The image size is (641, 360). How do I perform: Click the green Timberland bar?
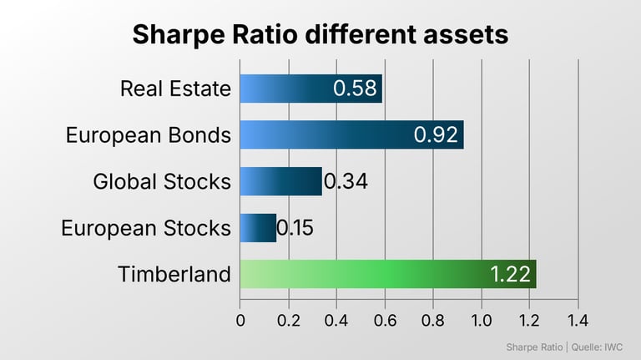tap(388, 274)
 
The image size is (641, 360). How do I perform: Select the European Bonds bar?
tap(352, 134)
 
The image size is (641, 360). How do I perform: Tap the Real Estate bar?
tap(311, 89)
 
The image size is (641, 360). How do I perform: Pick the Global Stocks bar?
tap(280, 181)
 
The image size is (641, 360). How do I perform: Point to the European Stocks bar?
tap(258, 228)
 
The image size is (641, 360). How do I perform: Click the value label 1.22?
tap(510, 274)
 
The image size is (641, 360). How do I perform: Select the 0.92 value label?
tap(436, 135)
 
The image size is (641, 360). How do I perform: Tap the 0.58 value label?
tap(355, 89)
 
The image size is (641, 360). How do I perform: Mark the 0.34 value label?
tap(346, 181)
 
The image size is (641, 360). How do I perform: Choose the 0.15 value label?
tap(295, 228)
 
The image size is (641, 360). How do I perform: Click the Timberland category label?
tap(174, 274)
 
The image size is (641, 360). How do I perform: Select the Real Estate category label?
tap(176, 89)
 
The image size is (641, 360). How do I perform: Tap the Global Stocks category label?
tap(162, 181)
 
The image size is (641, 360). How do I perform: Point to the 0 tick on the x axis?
tap(240, 320)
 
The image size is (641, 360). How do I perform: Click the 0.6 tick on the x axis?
tap(385, 320)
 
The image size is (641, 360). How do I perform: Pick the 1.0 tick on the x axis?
tap(482, 320)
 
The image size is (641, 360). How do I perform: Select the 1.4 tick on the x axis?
tap(578, 320)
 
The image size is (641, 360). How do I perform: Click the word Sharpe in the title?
tap(179, 35)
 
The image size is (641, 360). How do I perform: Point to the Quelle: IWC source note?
tap(597, 347)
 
